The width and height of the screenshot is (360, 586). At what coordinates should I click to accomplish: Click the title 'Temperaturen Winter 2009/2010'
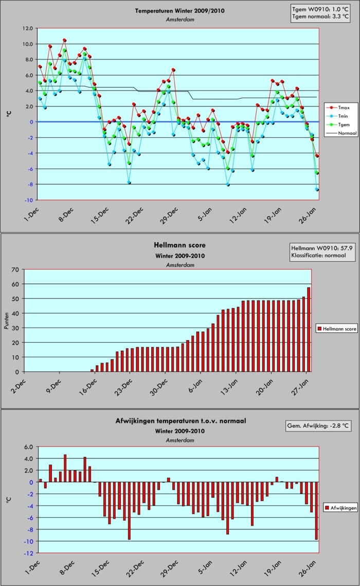coord(179,11)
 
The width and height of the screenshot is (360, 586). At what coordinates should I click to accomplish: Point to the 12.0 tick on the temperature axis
coord(28,28)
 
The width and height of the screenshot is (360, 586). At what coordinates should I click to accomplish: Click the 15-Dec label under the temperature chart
coord(100,216)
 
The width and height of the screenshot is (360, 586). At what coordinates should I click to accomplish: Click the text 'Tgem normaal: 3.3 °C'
coord(320,16)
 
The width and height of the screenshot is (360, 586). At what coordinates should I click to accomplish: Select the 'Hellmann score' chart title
coord(179,245)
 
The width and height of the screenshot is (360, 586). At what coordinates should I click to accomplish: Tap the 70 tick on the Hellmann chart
coord(15,270)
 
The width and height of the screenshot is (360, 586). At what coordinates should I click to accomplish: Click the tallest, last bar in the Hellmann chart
coord(309,329)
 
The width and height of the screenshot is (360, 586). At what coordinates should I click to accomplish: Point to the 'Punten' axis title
coord(6,321)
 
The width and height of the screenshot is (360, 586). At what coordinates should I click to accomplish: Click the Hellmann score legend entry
coord(336,329)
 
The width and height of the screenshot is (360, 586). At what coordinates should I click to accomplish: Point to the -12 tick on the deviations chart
coord(29,553)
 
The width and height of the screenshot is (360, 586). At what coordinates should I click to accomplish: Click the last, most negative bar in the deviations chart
coord(316,511)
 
